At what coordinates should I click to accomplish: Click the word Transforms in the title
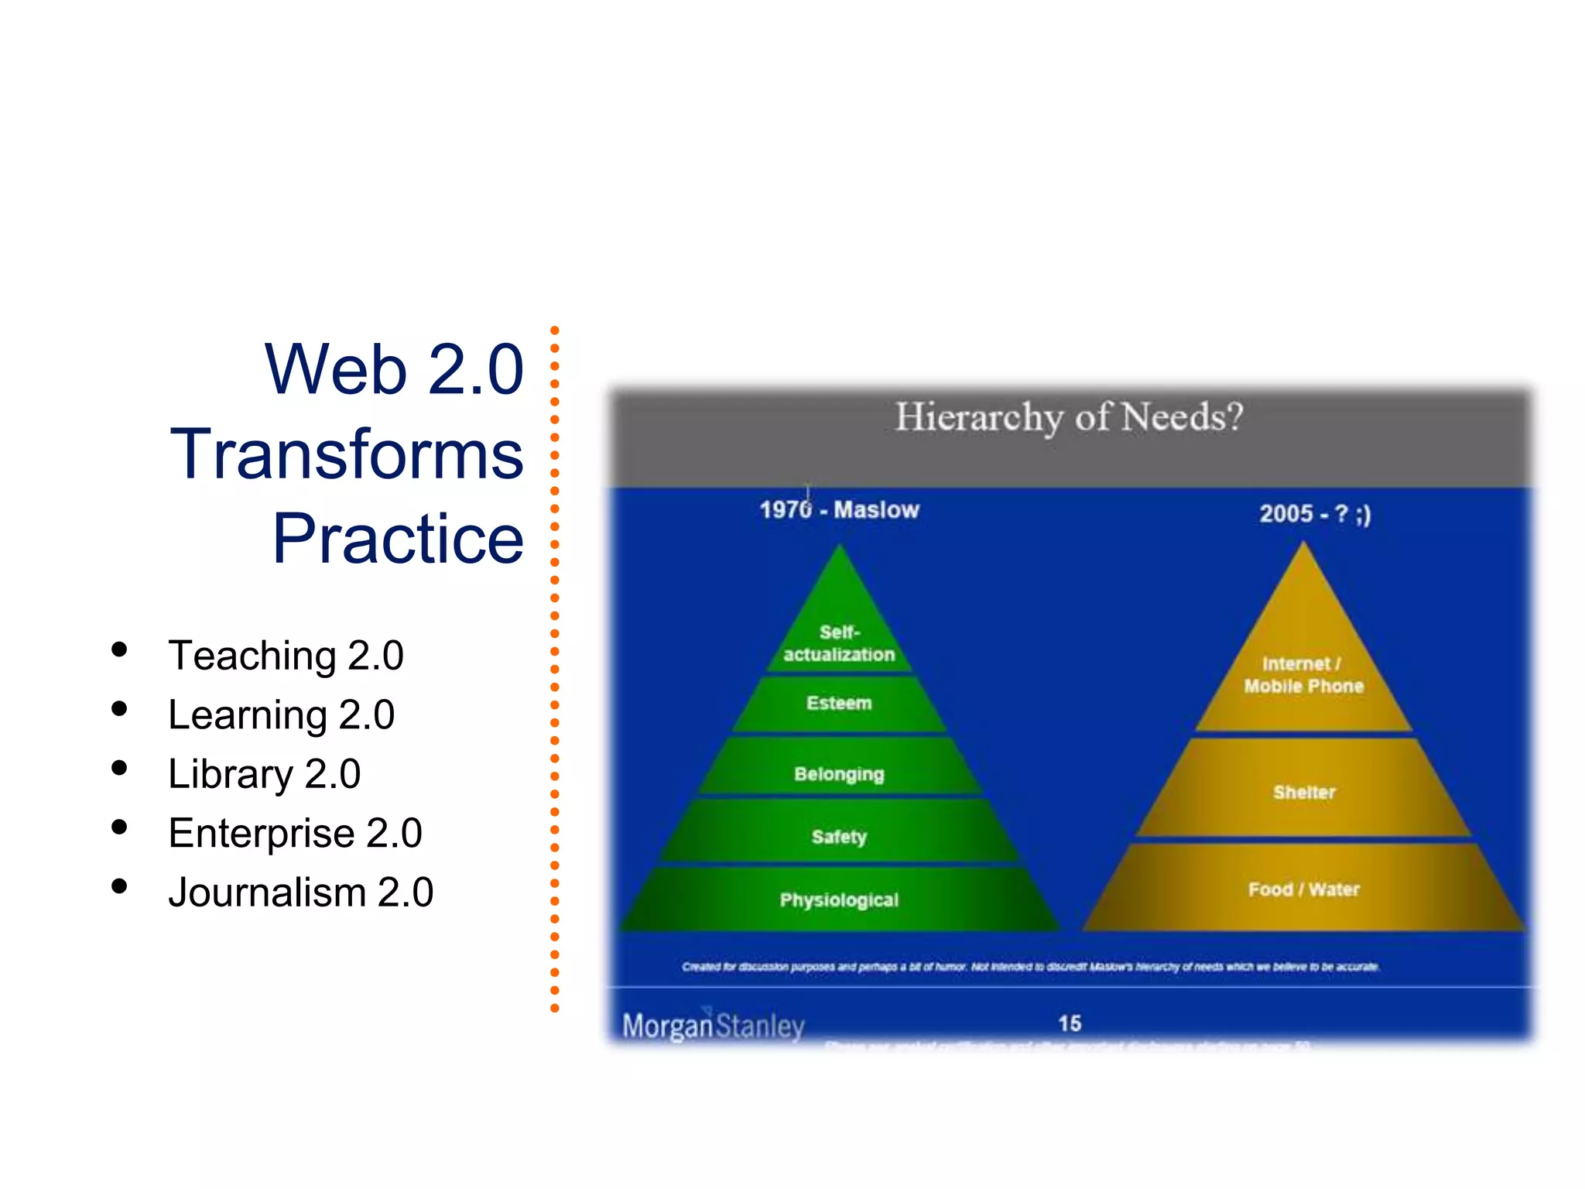(347, 454)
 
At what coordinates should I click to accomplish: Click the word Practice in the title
(398, 539)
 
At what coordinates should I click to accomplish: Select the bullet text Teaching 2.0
(286, 656)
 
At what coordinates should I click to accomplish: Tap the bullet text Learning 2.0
(281, 714)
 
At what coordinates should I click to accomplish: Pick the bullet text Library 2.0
(264, 774)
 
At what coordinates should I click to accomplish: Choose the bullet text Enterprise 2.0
(295, 833)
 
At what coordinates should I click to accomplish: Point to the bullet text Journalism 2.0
(300, 893)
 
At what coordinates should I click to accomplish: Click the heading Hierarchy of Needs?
(1069, 418)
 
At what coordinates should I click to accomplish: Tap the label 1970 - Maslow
(839, 510)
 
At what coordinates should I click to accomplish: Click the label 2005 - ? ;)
(1314, 514)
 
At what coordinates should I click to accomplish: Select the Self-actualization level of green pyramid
(839, 643)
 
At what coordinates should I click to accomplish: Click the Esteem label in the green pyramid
(839, 703)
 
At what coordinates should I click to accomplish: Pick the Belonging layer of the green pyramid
(839, 774)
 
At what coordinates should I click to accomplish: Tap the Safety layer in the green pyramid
(839, 837)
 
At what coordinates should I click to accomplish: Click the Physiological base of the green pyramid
(839, 900)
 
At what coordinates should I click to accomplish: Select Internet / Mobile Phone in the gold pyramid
(1304, 675)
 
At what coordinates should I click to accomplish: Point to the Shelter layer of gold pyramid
(1304, 793)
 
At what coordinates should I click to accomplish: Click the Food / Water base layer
(1304, 889)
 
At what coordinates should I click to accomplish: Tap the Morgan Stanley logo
(713, 1026)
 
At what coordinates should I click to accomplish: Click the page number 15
(1070, 1023)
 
